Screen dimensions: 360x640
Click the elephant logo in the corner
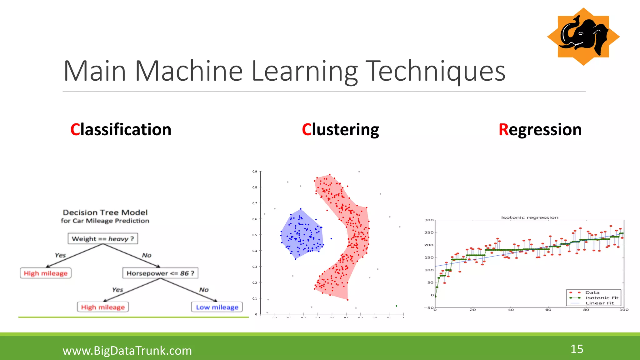click(583, 37)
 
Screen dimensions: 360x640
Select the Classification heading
click(121, 129)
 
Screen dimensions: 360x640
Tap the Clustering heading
click(340, 129)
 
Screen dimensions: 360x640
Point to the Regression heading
click(540, 129)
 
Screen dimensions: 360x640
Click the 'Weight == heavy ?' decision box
click(103, 239)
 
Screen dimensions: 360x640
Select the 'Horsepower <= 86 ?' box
click(160, 273)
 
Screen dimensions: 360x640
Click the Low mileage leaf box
click(217, 307)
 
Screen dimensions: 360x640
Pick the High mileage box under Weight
click(46, 273)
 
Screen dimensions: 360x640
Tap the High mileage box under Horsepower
click(103, 307)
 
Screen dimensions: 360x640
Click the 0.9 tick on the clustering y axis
click(255, 172)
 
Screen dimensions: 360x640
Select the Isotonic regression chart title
click(530, 217)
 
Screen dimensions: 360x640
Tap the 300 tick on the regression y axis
click(429, 220)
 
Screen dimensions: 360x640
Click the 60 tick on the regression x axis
click(548, 310)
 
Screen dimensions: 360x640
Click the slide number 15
click(577, 349)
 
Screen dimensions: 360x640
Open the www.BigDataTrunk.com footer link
click(127, 351)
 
